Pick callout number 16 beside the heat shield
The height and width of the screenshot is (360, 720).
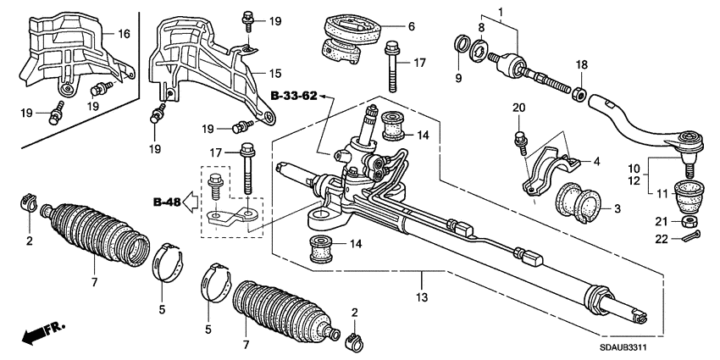click(x=124, y=34)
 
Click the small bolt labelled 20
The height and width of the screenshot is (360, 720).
click(x=519, y=136)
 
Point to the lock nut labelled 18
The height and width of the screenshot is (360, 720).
click(x=580, y=90)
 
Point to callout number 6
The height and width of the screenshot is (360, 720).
click(x=411, y=26)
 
